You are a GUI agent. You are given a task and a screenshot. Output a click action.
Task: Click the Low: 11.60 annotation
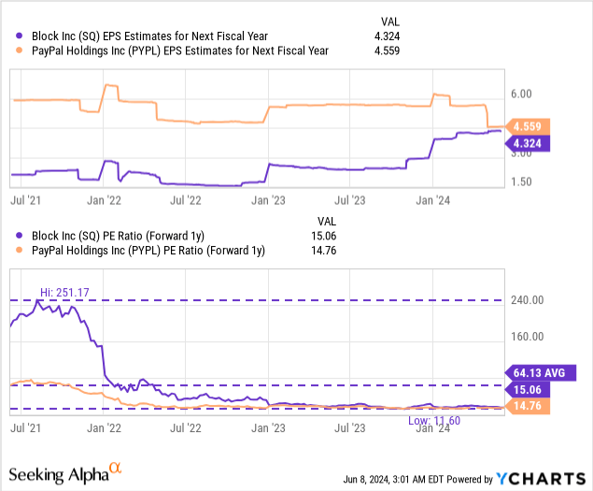tap(435, 421)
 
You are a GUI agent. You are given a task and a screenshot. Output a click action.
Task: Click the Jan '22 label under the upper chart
tap(104, 199)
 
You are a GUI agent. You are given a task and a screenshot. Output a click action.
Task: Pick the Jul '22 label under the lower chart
tap(188, 428)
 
